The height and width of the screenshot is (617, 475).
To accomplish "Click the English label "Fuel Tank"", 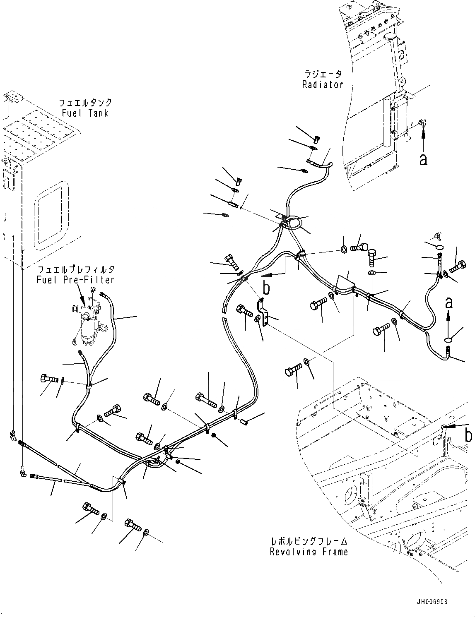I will click(x=85, y=113).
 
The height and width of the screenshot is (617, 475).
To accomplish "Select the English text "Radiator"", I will click(x=323, y=85).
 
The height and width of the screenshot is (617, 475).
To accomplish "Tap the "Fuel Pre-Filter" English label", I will click(x=75, y=280).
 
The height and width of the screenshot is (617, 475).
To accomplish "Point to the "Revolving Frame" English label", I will click(x=309, y=552).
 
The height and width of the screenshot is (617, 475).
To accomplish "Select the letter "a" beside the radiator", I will click(x=423, y=159).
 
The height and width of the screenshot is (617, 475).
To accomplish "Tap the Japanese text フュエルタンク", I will click(x=85, y=103).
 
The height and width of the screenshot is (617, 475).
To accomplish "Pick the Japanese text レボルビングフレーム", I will click(x=309, y=541).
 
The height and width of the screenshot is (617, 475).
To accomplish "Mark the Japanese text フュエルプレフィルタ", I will click(x=75, y=270).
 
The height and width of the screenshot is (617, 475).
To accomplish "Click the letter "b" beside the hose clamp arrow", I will click(x=266, y=288).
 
